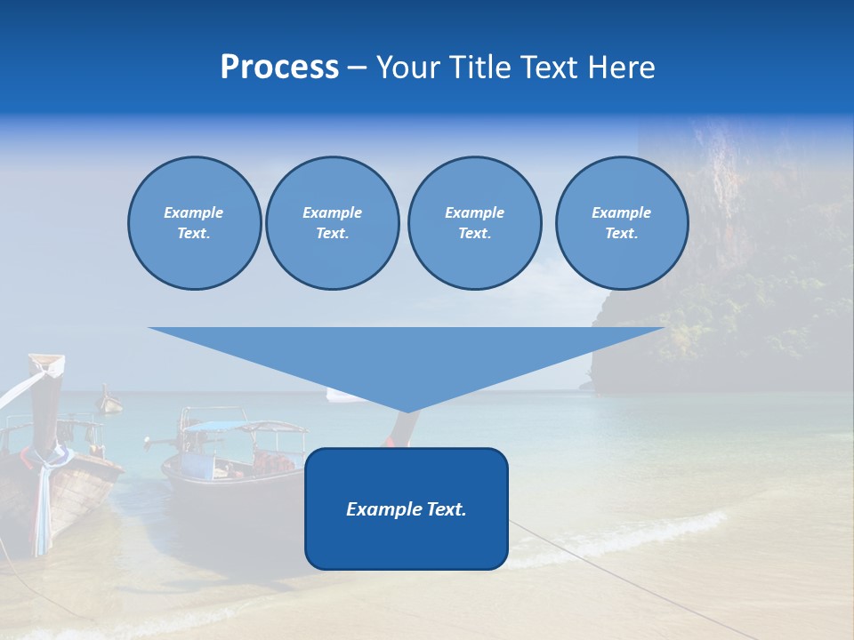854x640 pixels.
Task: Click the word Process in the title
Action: pos(279,68)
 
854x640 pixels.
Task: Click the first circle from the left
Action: pos(194,223)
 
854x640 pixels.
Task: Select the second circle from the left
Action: pos(332,223)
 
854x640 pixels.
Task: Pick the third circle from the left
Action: pos(474,223)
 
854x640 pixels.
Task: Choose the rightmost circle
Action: pos(621,223)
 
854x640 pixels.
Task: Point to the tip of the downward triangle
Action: pos(407,411)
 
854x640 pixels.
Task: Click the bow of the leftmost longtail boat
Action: pos(46,364)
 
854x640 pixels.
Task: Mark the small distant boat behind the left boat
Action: pos(109,402)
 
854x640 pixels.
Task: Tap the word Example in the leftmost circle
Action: pos(193,212)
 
